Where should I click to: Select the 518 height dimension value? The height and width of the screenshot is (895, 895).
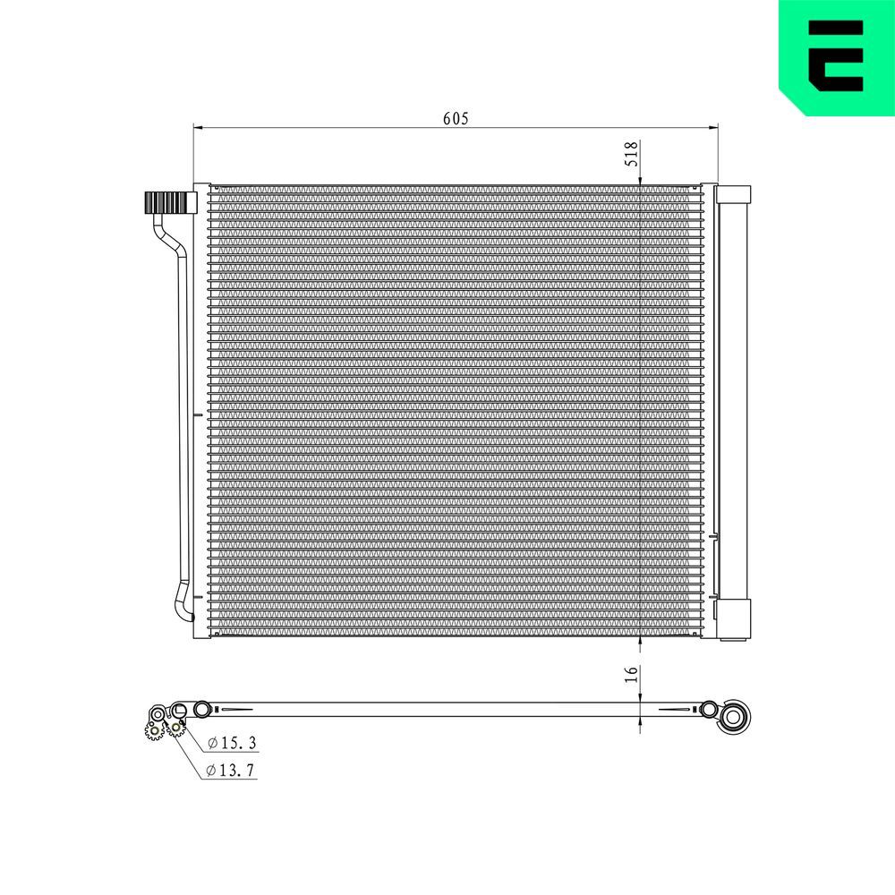pos(631,154)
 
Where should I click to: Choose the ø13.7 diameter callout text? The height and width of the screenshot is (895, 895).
pos(231,770)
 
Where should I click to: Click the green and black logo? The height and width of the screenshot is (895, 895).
pos(836,55)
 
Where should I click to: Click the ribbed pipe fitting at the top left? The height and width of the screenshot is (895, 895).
pos(168,203)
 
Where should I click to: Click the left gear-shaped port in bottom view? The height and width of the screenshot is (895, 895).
pos(154,730)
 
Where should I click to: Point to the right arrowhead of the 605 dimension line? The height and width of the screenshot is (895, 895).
pos(714,128)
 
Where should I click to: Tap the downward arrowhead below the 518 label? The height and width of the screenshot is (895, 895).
pos(640,182)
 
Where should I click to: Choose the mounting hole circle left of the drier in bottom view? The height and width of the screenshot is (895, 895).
pos(710,710)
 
